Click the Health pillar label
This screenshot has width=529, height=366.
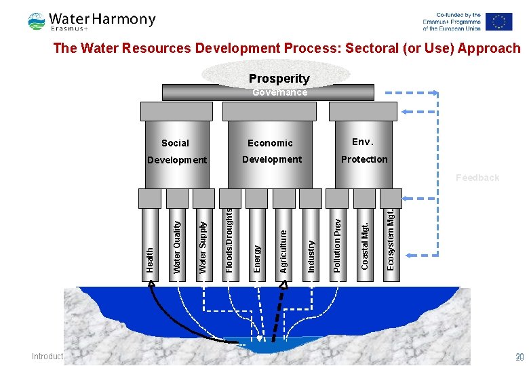tap(150, 260)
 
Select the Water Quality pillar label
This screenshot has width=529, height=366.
tap(177, 247)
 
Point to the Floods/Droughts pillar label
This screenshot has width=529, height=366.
tap(230, 241)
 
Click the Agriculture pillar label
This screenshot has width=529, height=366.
tap(283, 251)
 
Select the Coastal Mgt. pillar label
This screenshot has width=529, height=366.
tap(365, 245)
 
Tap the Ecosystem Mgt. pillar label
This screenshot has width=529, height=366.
tap(391, 239)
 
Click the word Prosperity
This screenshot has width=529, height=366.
tap(279, 79)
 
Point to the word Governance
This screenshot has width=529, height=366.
tap(279, 92)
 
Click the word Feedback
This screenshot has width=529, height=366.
tap(477, 178)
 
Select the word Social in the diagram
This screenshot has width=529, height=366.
tap(176, 143)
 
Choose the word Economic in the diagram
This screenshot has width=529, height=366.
tap(270, 143)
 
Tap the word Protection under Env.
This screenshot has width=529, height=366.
tap(364, 159)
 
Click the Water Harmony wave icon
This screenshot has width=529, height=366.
tap(37, 22)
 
